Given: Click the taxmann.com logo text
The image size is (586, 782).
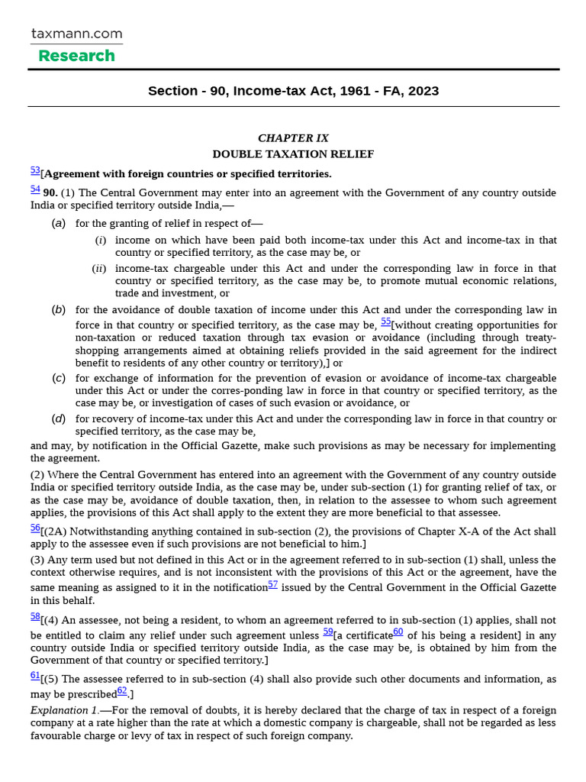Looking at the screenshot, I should coord(76,34).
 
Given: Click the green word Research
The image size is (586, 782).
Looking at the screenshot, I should coord(76,56).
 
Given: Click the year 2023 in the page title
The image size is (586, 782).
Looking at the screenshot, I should coord(423,91).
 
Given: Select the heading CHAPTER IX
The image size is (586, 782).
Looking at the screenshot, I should coord(293,138).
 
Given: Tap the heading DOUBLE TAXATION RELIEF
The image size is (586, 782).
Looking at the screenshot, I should coord(293,154).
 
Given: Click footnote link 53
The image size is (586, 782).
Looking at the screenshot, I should coord(35,170).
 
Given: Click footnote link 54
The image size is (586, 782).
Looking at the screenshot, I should coord(35,189).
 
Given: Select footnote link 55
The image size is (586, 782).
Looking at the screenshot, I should coord(385,322).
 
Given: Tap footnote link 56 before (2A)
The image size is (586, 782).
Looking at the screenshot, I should coord(35,528).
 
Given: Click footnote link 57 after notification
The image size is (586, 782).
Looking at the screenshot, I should coord(272,584).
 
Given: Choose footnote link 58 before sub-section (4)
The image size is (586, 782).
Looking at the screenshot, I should coord(35,616).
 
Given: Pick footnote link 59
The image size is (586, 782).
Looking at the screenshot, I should coord(327,632).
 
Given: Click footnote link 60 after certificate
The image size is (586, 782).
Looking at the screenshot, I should coord(398,632).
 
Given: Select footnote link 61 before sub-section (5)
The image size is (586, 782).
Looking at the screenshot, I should coord(35,675).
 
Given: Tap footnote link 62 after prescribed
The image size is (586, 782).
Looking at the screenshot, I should coord(122,690).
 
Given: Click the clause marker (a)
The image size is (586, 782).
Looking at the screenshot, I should coord(59,224).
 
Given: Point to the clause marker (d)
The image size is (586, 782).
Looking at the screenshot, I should coord(59,418).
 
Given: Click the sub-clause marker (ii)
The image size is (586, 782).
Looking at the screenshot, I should coord(99,269).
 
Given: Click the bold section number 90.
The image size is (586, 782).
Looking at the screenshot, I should coord(50,192).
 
